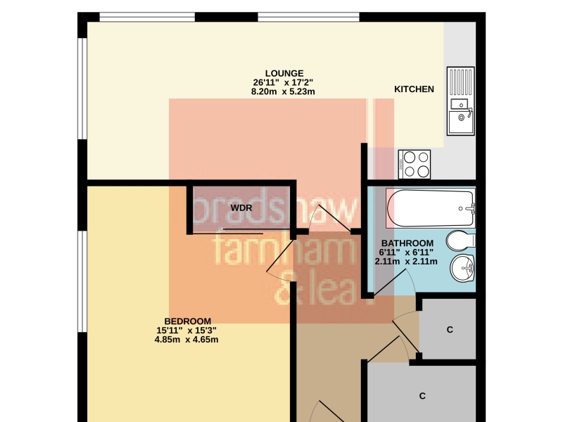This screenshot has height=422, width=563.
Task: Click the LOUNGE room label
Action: pyautogui.click(x=284, y=73)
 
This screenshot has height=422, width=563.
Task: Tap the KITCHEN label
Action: pyautogui.click(x=414, y=89)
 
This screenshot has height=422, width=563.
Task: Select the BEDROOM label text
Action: pyautogui.click(x=187, y=321)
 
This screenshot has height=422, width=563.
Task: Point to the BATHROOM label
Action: pyautogui.click(x=407, y=243)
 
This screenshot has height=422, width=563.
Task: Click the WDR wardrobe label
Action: pyautogui.click(x=241, y=207)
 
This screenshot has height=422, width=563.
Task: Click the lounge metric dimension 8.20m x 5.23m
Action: pyautogui.click(x=283, y=91)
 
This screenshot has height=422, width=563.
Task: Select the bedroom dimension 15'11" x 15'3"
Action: pyautogui.click(x=186, y=330)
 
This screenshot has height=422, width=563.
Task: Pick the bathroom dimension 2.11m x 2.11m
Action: pyautogui.click(x=406, y=262)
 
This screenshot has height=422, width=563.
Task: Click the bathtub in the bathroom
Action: pyautogui.click(x=431, y=208)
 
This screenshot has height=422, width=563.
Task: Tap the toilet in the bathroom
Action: pyautogui.click(x=461, y=241)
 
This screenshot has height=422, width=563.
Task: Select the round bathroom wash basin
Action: pyautogui.click(x=462, y=268)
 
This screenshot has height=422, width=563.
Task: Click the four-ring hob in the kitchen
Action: pyautogui.click(x=415, y=164)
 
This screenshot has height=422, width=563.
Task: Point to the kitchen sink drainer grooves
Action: pyautogui.click(x=461, y=82)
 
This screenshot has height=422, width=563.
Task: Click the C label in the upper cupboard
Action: pyautogui.click(x=450, y=329)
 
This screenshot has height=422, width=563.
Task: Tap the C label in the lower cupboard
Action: pyautogui.click(x=422, y=396)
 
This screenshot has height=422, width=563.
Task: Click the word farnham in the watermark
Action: pyautogui.click(x=284, y=248)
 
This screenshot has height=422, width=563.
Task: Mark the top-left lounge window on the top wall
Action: pyautogui.click(x=147, y=17)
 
